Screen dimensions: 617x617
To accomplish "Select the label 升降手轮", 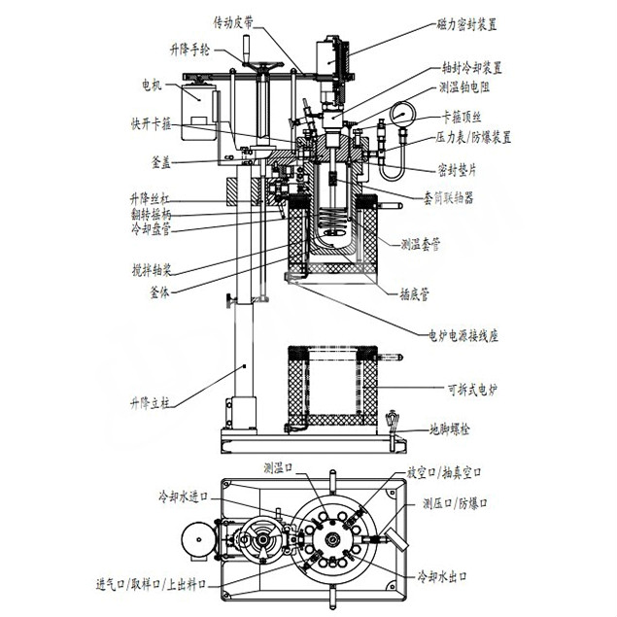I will tap(190, 48).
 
